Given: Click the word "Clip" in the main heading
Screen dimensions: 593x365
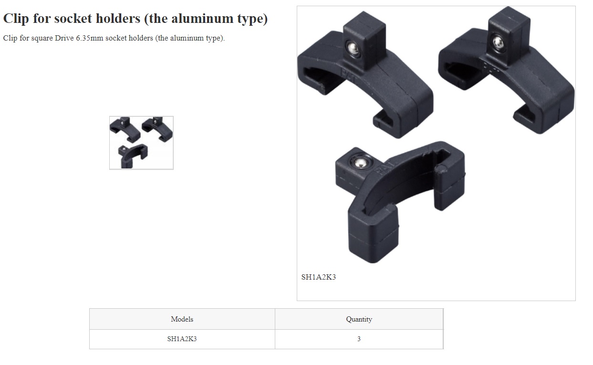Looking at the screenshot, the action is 16,19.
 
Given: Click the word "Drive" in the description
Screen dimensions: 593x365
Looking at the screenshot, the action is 64,38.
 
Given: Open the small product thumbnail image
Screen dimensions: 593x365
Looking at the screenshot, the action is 141,143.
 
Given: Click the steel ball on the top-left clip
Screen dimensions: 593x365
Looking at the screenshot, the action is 353,49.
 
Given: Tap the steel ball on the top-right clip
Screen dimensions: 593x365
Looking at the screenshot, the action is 498,42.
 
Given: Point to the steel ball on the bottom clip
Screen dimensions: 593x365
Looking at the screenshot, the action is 360,163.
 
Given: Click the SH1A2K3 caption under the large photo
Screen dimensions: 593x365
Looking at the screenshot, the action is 319,277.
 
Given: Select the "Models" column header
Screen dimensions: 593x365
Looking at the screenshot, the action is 182,319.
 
